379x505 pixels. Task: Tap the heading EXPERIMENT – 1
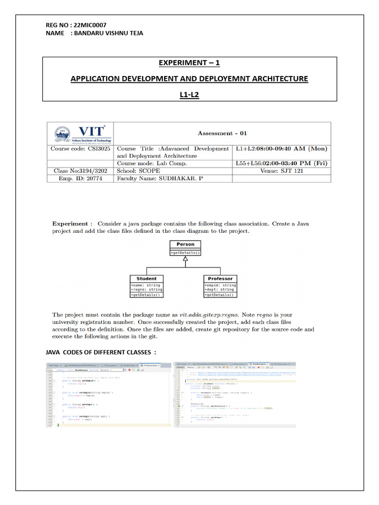pyautogui.click(x=189, y=63)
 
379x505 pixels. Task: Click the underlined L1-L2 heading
pyautogui.click(x=189, y=94)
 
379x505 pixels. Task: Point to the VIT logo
pyautogui.click(x=81, y=133)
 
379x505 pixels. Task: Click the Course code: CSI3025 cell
pyautogui.click(x=81, y=148)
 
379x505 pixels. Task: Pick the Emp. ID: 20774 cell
pyautogui.click(x=81, y=179)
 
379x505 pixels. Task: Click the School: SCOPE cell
pyautogui.click(x=138, y=171)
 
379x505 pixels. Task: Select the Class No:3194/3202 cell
pyautogui.click(x=81, y=171)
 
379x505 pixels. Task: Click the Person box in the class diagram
pyautogui.click(x=185, y=244)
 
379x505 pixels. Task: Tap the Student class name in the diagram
pyautogui.click(x=147, y=279)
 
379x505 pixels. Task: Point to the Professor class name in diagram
pyautogui.click(x=220, y=279)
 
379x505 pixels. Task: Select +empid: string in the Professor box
pyautogui.click(x=220, y=285)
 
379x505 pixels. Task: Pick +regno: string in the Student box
pyautogui.click(x=146, y=289)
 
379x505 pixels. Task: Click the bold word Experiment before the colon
pyautogui.click(x=70, y=223)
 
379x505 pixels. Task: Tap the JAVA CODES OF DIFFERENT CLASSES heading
pyautogui.click(x=101, y=352)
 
